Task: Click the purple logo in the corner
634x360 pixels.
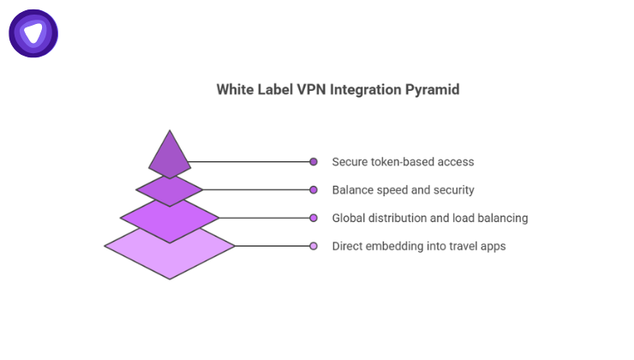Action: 33,33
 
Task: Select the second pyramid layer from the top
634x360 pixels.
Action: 170,188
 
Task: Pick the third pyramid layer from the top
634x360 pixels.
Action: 170,217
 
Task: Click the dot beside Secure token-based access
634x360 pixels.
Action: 314,161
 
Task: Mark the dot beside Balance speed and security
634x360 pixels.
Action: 314,189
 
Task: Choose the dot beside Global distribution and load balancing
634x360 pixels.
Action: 314,218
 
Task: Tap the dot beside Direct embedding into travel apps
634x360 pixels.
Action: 314,246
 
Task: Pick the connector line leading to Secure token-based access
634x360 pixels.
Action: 248,161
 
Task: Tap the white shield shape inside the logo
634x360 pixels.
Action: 33,33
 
